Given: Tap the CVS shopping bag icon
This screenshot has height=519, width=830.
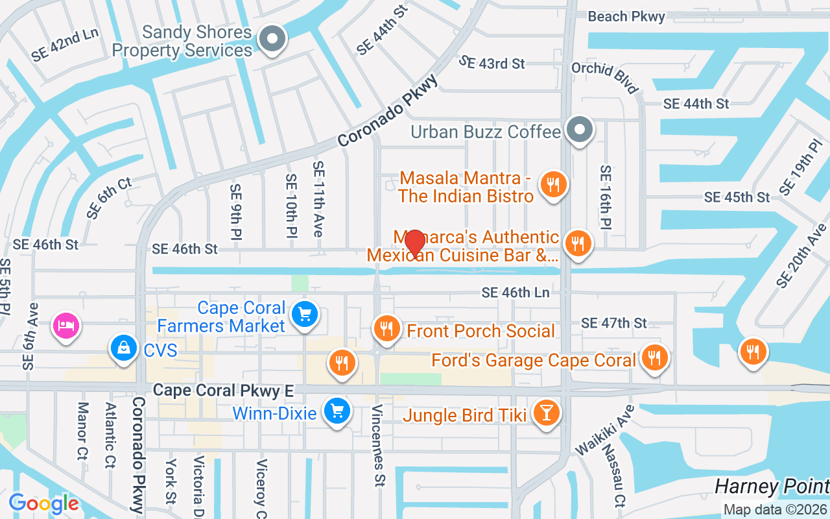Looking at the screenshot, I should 123,348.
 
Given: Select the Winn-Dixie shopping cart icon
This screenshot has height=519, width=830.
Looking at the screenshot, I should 337,411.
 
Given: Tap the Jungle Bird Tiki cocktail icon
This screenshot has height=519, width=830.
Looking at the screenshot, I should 546,413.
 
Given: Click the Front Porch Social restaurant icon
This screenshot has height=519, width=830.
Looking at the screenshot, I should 386,329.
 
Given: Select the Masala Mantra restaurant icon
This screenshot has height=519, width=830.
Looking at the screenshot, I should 554,185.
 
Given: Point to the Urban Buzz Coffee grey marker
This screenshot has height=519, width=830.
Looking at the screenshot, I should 580,130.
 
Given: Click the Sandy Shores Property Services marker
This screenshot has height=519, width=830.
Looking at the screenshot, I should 273,40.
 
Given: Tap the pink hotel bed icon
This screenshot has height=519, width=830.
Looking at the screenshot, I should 66,324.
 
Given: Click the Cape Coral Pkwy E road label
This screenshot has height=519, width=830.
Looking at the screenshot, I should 224,391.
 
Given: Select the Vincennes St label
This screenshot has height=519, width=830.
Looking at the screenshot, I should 378,445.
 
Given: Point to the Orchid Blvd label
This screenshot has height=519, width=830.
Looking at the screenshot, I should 605,78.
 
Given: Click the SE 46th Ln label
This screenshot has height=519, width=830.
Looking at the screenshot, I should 516,293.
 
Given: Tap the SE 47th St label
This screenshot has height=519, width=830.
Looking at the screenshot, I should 614,323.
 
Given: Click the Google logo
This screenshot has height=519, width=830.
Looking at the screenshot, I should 43,503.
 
